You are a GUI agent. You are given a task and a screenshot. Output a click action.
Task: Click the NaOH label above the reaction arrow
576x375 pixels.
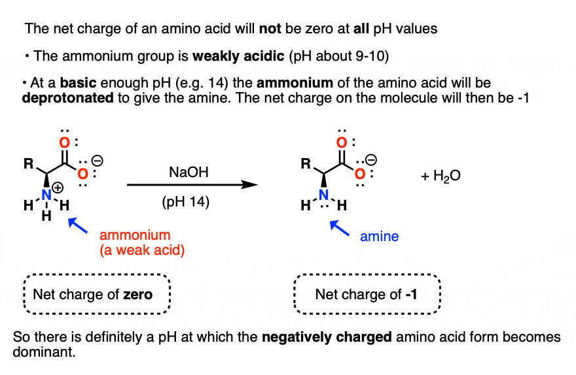click(189, 172)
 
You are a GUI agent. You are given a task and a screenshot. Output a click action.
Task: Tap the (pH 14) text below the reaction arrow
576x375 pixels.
click(185, 202)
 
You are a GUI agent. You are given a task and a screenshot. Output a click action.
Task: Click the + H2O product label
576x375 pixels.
click(441, 176)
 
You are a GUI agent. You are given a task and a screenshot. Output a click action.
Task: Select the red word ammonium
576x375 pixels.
click(135, 235)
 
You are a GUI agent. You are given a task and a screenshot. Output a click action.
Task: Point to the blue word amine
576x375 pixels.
click(379, 236)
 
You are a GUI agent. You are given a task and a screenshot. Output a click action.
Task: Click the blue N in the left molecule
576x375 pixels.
click(46, 195)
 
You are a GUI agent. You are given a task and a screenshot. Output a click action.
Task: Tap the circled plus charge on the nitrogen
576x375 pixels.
click(58, 187)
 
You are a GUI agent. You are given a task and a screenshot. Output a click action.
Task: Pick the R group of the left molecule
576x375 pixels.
click(29, 163)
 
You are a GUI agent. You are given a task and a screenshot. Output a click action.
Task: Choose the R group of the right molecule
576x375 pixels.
click(306, 163)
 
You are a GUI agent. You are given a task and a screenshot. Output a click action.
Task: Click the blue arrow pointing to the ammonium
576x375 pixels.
click(78, 225)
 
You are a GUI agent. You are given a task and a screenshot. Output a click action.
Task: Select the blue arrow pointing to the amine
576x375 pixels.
click(340, 228)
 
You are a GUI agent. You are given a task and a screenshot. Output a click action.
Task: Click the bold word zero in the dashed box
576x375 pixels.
click(137, 295)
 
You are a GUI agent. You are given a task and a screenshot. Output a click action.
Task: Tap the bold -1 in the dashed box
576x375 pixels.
click(411, 295)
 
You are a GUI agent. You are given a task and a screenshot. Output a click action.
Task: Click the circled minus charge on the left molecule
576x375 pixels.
click(98, 161)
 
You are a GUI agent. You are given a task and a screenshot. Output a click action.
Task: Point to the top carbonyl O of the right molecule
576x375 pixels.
click(342, 142)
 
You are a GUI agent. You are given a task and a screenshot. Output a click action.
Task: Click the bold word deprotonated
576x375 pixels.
click(68, 98)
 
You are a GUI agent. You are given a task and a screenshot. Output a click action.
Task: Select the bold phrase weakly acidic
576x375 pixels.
click(238, 56)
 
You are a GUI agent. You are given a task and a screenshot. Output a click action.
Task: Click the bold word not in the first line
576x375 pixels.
click(270, 29)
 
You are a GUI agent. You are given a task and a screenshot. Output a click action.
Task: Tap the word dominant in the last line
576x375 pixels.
click(44, 352)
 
